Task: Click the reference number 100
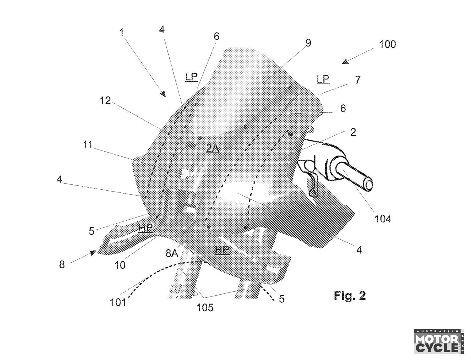click(x=387, y=45)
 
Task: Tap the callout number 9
click(x=308, y=43)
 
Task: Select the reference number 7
click(x=358, y=80)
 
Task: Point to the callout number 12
click(x=105, y=100)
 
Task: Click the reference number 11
click(x=88, y=145)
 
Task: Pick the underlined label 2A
click(x=213, y=148)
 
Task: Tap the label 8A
click(x=172, y=253)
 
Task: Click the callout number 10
click(x=120, y=265)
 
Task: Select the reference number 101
click(x=118, y=303)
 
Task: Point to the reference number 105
click(x=205, y=308)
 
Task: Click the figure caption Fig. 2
click(x=350, y=296)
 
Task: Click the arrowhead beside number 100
click(x=345, y=62)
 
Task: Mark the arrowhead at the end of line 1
click(x=163, y=94)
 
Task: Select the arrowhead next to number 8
click(x=93, y=253)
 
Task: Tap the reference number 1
click(x=122, y=33)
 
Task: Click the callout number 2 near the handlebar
click(x=353, y=132)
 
